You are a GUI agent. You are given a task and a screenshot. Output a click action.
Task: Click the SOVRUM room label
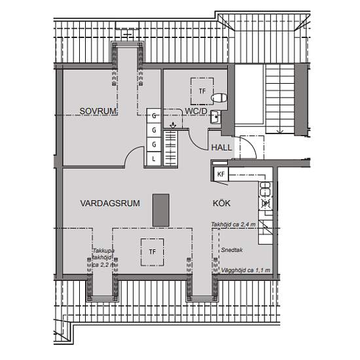(98, 112)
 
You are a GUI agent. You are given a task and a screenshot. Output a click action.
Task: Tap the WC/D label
(196, 112)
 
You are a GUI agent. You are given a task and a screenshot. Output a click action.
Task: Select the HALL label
(221, 147)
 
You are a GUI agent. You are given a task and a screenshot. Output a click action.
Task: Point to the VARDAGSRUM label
(110, 204)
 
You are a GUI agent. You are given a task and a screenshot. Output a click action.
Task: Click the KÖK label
(221, 204)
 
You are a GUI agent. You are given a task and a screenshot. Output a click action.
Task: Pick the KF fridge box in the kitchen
(221, 174)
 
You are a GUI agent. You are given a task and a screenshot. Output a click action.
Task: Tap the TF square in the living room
(152, 251)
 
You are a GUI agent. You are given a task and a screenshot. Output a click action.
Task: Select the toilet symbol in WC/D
(219, 98)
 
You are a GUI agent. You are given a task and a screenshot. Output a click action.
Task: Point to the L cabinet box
(153, 158)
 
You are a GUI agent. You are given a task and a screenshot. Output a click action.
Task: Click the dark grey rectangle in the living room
(159, 210)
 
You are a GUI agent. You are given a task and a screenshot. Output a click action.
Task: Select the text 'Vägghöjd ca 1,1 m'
(243, 270)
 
